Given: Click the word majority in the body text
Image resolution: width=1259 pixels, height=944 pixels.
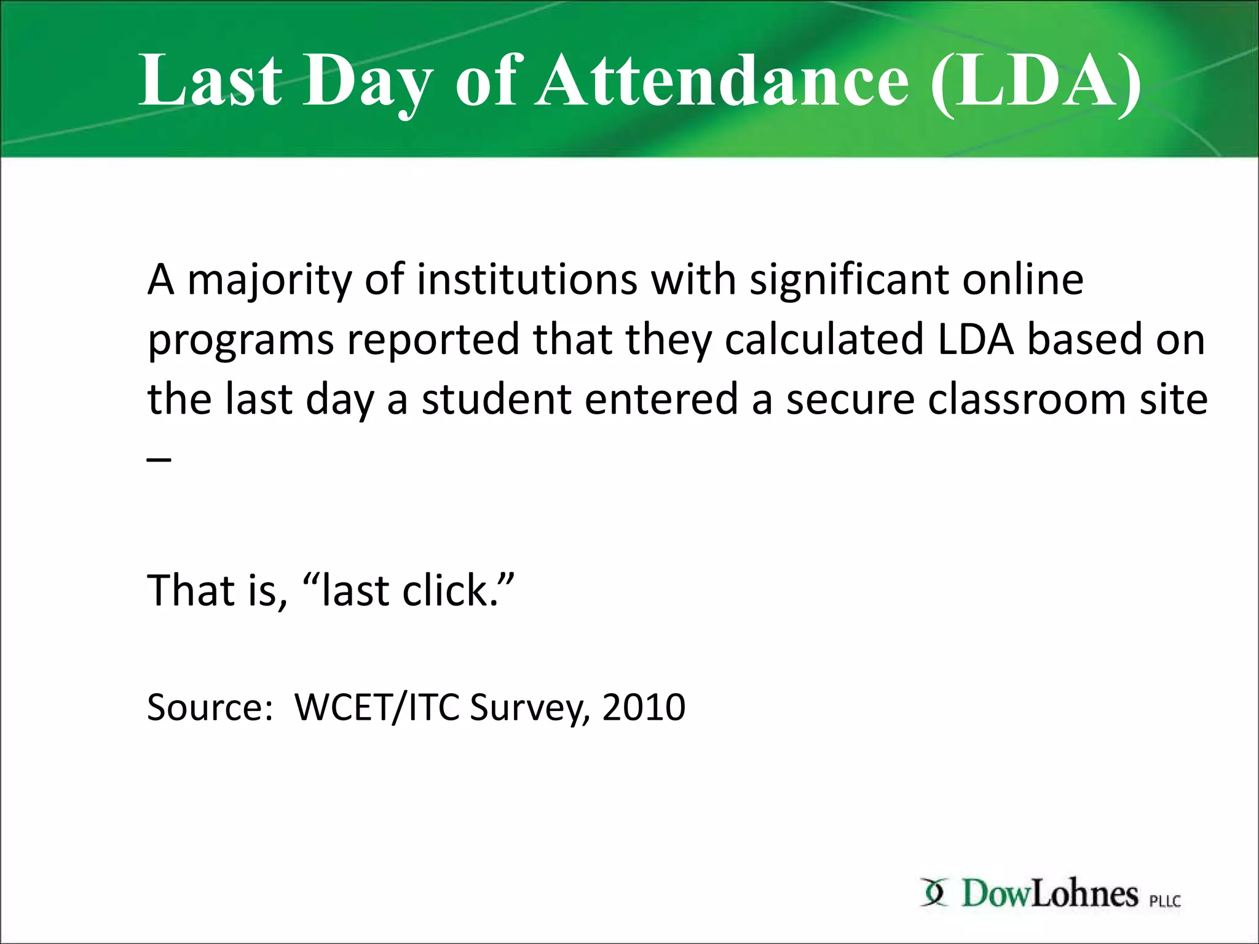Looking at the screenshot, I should point(269,281).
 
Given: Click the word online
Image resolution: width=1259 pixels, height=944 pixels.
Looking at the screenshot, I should point(1022,280).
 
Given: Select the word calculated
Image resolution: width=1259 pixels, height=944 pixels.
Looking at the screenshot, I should point(824,339).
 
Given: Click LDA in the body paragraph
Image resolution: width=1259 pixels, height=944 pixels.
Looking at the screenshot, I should point(976,339).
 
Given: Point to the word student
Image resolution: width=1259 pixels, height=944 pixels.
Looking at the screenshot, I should point(496,399).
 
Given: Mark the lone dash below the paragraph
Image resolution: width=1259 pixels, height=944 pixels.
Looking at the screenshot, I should point(159,459).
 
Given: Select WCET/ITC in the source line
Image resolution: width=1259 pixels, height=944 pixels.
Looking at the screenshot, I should point(377,707).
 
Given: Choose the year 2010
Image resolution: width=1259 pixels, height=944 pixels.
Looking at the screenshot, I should point(644,707).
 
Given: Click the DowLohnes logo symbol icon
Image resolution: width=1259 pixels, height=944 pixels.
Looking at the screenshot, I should point(934,892).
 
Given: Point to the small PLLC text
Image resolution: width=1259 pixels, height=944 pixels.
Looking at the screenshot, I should point(1165,901).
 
